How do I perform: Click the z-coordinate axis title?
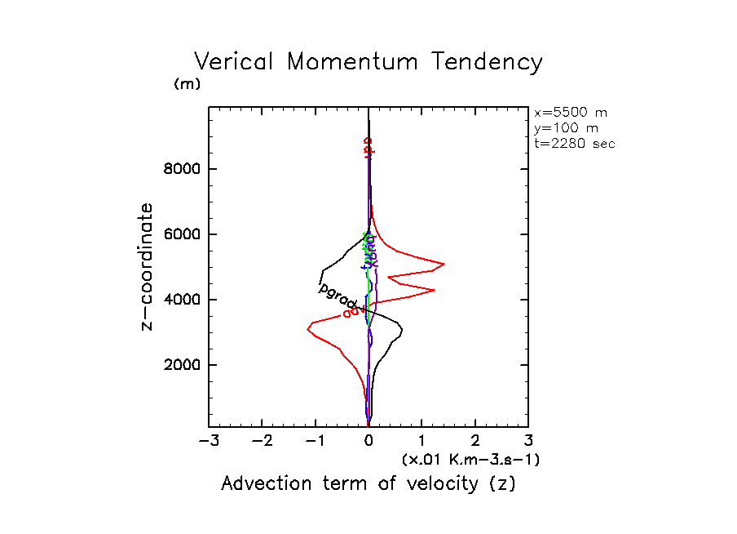point(148,266)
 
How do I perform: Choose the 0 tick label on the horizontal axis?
point(368,441)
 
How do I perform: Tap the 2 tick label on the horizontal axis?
point(475,441)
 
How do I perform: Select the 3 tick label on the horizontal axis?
point(528,441)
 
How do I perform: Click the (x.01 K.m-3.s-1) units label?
point(470,460)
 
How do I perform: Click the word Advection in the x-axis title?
point(265,483)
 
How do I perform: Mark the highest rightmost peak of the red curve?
point(444,264)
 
